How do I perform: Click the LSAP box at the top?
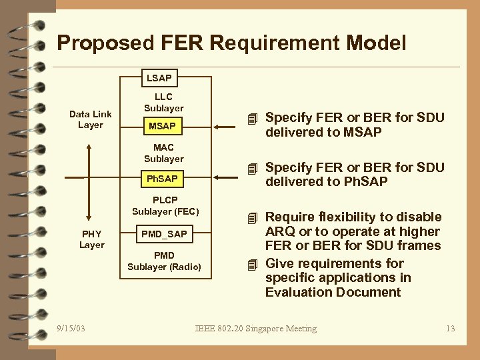159,78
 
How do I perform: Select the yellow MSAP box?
162,126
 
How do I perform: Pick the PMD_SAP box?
164,234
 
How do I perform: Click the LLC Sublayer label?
163,103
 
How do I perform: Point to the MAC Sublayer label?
163,153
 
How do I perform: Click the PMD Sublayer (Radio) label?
164,261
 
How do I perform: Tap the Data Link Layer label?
91,119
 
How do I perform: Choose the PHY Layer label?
92,239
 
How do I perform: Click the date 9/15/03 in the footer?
71,329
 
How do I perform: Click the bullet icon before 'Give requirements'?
251,264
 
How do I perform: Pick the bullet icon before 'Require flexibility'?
251,218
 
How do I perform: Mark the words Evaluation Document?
333,292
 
